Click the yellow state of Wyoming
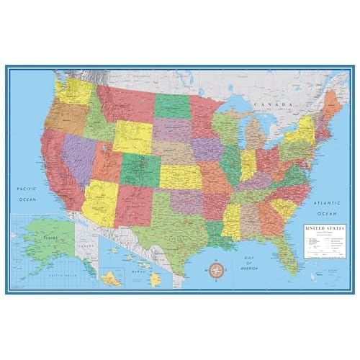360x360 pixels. click(132, 137)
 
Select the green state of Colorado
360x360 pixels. click(139, 168)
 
